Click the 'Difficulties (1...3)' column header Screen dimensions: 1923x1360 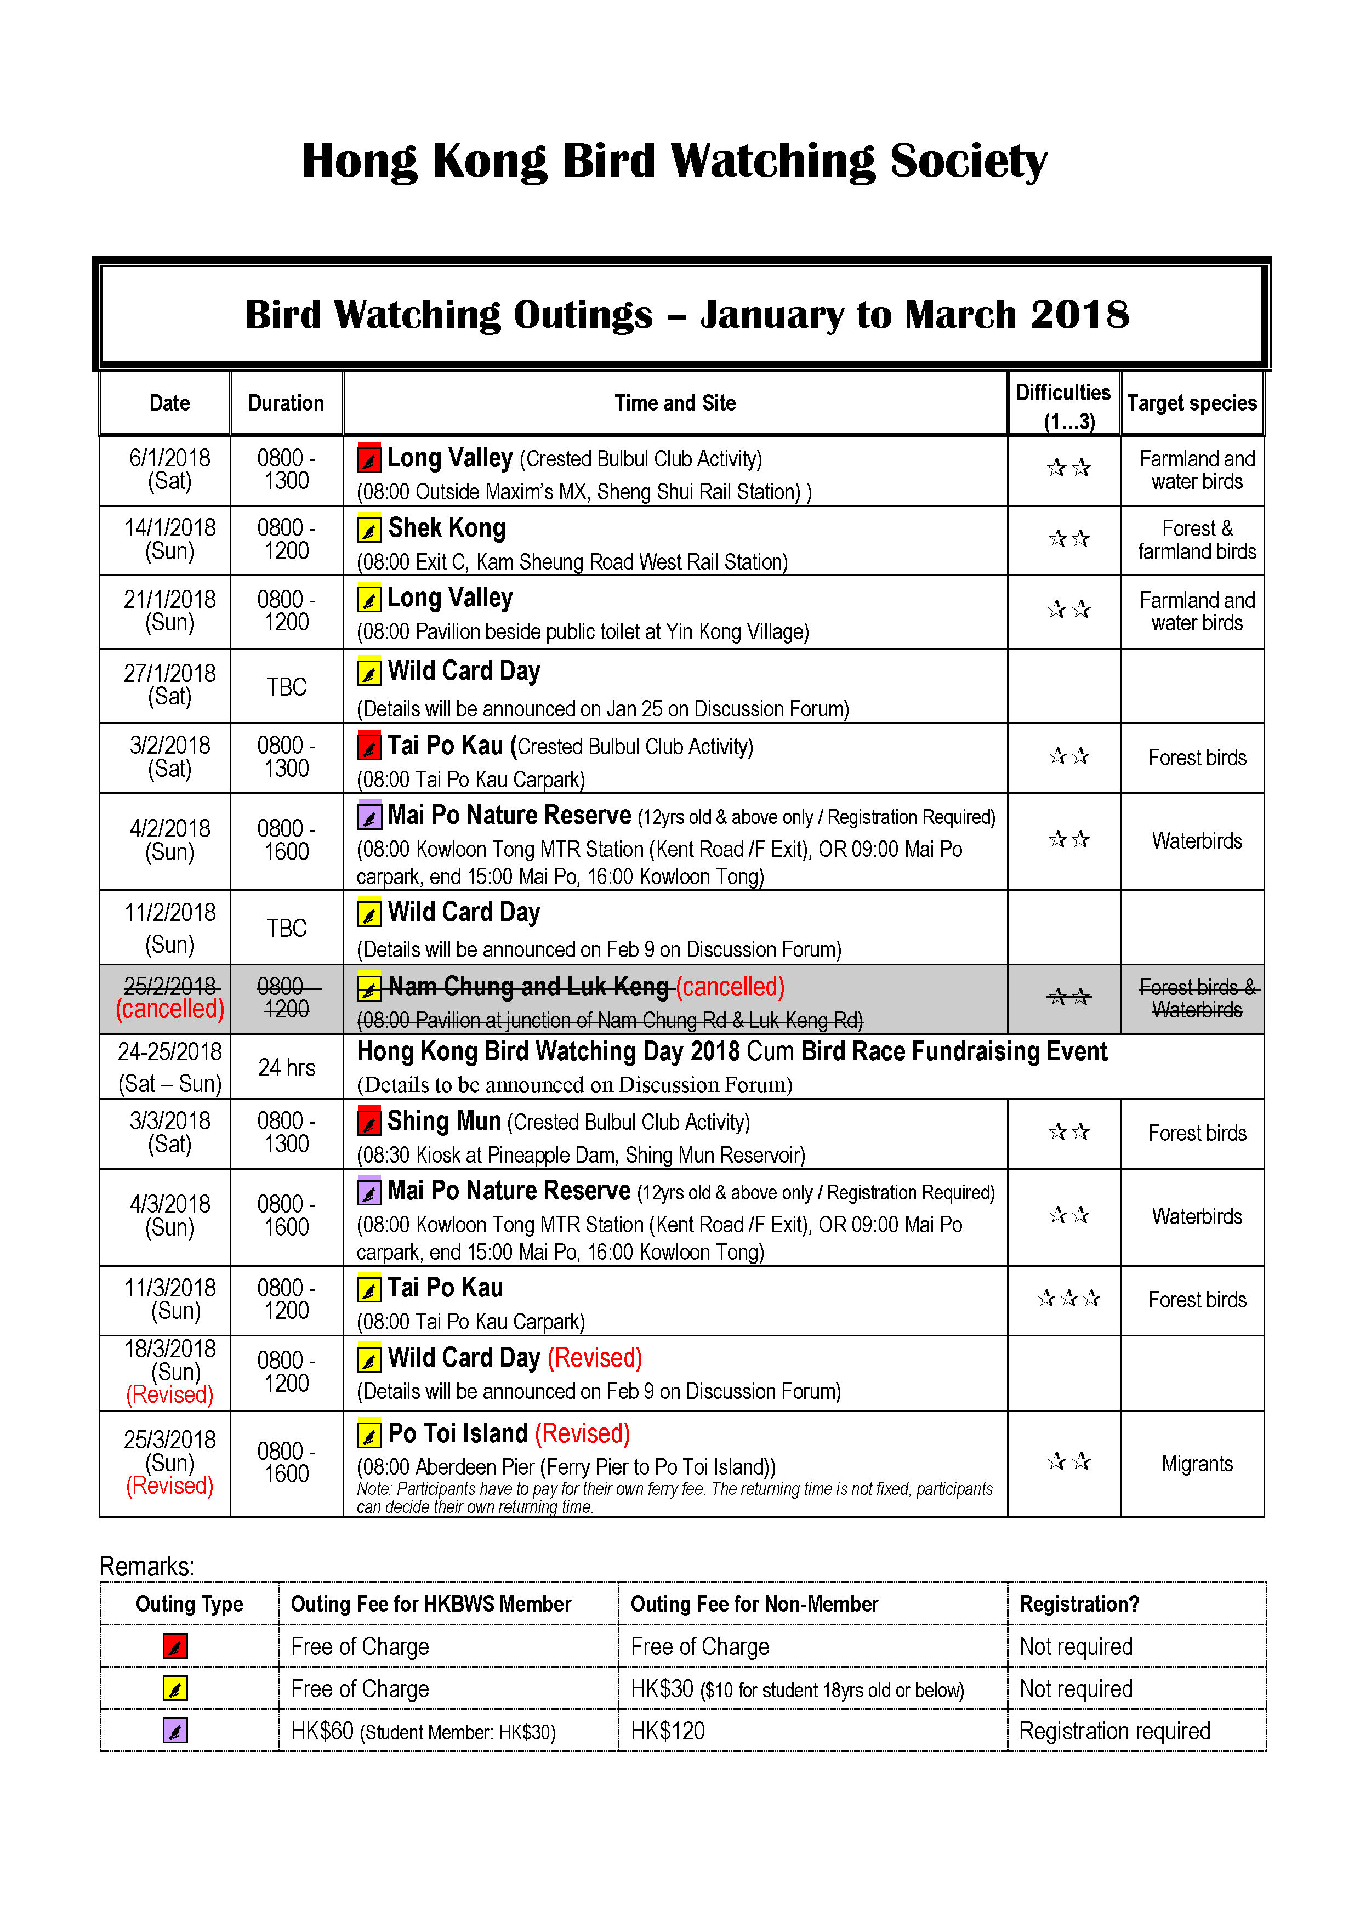(x=1063, y=405)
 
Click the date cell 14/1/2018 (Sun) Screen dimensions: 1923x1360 (x=170, y=539)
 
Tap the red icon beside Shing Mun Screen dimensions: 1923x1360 (x=368, y=1122)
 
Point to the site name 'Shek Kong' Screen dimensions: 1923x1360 (x=446, y=528)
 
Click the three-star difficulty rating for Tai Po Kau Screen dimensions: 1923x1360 (x=1068, y=1299)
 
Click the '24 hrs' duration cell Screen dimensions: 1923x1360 (x=286, y=1068)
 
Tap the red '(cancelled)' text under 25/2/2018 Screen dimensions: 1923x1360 (x=170, y=1009)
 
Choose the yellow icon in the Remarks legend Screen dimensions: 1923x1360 (x=175, y=1688)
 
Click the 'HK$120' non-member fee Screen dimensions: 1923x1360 (x=668, y=1731)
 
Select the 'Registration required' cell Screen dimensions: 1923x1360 (x=1114, y=1731)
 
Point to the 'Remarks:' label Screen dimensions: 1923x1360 (x=146, y=1566)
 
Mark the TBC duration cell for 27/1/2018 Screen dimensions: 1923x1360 (x=286, y=687)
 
